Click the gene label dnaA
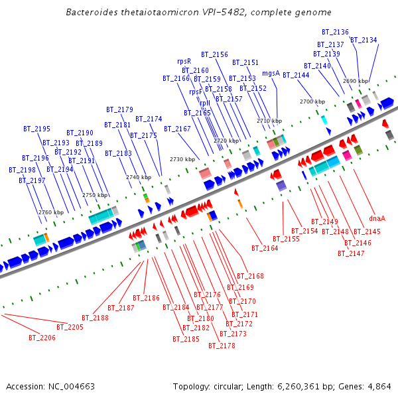tap(377, 218)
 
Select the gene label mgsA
tap(271, 73)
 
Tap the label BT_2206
tap(42, 338)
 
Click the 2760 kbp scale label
tap(50, 212)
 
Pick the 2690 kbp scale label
tap(356, 81)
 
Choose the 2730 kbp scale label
tap(182, 159)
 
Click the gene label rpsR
tap(184, 61)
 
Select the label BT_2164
tap(265, 248)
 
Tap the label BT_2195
tap(36, 129)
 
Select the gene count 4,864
tap(378, 386)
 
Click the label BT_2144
tap(296, 75)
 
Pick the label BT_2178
tap(222, 346)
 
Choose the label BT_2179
tap(119, 109)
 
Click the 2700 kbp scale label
tap(312, 101)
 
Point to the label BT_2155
tap(286, 239)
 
